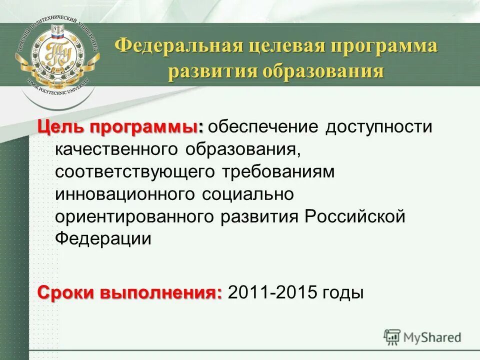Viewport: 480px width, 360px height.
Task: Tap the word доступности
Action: coord(378,126)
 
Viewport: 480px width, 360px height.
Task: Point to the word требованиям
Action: coord(276,171)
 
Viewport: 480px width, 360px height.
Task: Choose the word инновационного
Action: coord(125,194)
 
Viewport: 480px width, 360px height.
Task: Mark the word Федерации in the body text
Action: coord(103,238)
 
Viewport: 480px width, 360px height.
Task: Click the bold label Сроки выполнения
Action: coord(130,292)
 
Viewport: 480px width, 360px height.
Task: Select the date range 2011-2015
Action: coord(272,292)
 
